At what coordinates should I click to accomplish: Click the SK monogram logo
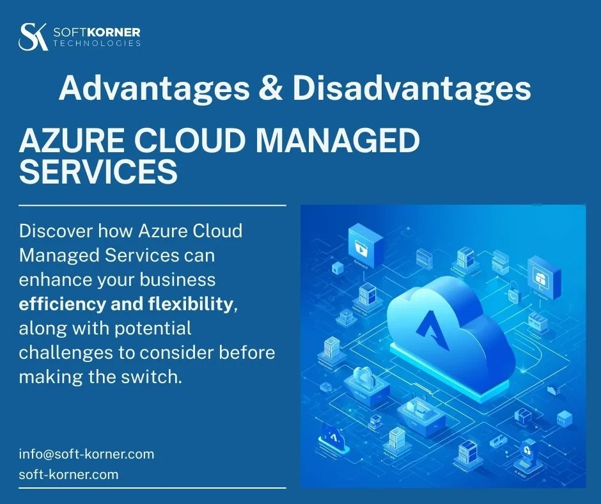[x=33, y=36]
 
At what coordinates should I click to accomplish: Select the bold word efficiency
[x=63, y=304]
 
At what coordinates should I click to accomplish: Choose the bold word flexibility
[x=192, y=304]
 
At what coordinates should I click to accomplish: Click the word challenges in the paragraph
[x=63, y=353]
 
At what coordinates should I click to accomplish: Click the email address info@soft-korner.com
[x=86, y=454]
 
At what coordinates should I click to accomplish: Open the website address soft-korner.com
[x=68, y=475]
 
